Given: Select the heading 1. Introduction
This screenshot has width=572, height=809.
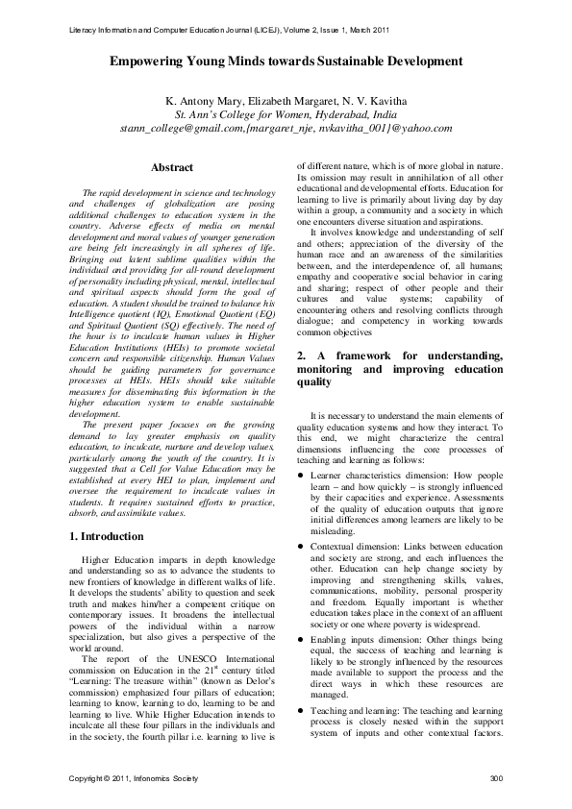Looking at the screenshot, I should (108, 535).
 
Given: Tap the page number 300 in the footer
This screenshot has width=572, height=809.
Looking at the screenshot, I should (496, 776).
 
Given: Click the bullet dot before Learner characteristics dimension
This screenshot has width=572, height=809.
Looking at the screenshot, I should (301, 476).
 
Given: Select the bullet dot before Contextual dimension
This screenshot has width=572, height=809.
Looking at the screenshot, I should (301, 546).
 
